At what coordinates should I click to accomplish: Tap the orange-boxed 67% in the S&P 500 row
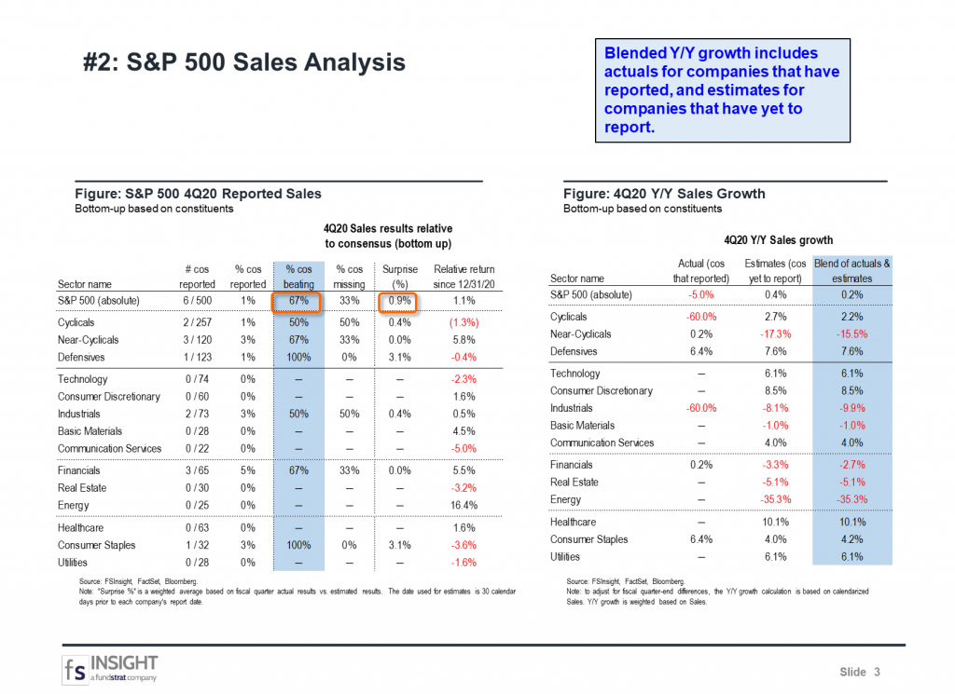(x=298, y=301)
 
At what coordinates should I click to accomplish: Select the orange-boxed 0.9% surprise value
(x=397, y=301)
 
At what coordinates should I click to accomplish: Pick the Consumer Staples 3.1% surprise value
(x=397, y=545)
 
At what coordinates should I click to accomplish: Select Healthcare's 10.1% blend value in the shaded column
(x=851, y=522)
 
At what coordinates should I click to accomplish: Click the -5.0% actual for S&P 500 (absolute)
(x=700, y=295)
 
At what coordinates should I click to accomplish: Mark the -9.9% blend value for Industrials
(x=851, y=408)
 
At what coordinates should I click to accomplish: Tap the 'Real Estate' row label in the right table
(x=574, y=482)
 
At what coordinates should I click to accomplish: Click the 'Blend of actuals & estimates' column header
(x=851, y=270)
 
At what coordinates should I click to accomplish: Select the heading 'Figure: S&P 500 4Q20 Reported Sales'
(x=198, y=194)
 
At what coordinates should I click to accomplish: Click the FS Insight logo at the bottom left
(x=111, y=668)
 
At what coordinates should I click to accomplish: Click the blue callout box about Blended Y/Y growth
(x=722, y=90)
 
